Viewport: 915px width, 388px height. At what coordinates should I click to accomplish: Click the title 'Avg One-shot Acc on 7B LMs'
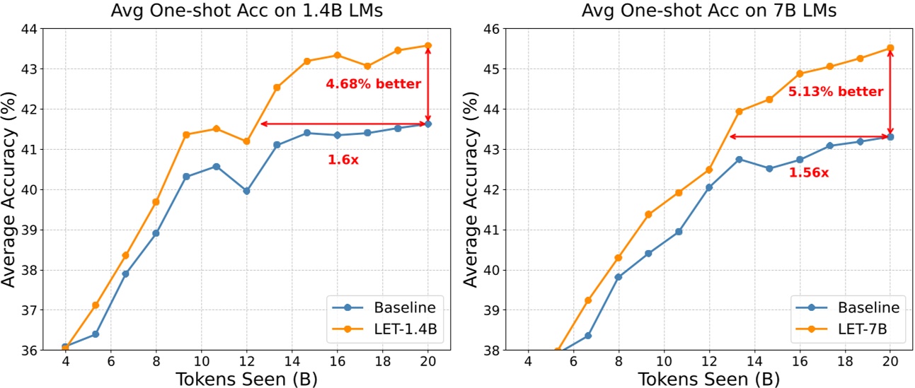[x=709, y=11]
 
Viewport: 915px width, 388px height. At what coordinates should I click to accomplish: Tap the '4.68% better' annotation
[x=373, y=84]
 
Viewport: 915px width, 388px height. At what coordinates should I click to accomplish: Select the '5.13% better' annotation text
[x=835, y=92]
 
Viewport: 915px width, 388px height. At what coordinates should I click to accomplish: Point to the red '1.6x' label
[x=343, y=160]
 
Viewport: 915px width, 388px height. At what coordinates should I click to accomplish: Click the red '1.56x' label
[x=808, y=172]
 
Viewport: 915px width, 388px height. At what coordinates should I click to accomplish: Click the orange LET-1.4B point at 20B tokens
[x=428, y=45]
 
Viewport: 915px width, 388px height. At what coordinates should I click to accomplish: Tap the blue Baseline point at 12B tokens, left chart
[x=246, y=191]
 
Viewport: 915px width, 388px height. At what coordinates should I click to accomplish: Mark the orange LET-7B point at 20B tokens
[x=890, y=48]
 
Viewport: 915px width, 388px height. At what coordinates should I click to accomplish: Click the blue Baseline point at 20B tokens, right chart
[x=890, y=136]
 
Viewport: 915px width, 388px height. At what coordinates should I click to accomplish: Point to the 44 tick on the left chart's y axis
[x=32, y=29]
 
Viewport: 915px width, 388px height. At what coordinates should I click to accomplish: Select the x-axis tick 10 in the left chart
[x=201, y=361]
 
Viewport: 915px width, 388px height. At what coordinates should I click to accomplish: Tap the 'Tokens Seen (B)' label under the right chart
[x=709, y=378]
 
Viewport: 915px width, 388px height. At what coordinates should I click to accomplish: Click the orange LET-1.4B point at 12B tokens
[x=246, y=141]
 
